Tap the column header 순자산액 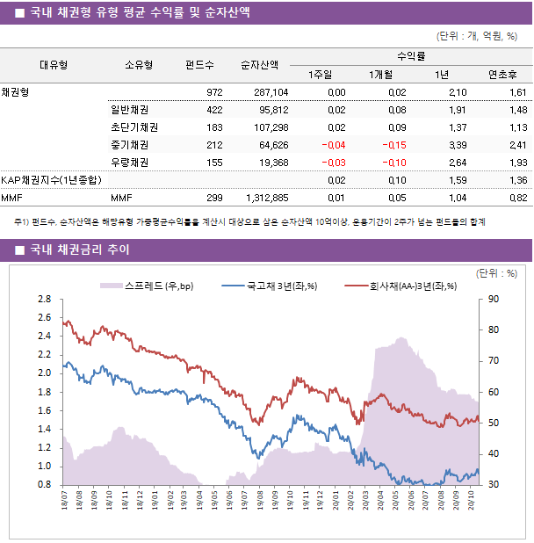click(261, 64)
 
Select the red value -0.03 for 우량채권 click(333, 163)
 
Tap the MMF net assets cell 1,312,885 click(264, 198)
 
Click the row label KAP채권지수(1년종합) click(51, 180)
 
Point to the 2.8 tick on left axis click(44, 300)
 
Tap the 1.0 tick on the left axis click(44, 467)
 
